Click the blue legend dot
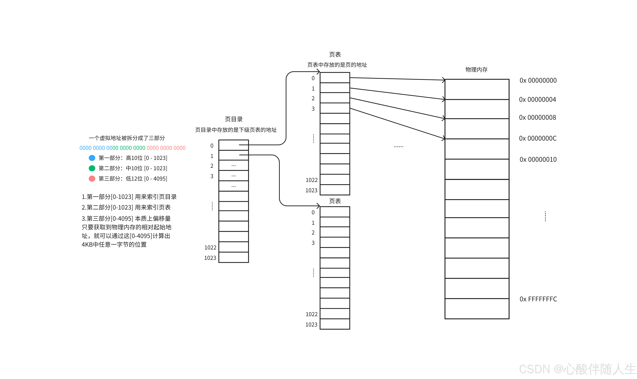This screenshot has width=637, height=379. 92,158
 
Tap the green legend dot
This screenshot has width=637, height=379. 92,168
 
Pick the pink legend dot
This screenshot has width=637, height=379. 92,178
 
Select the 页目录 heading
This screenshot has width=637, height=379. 234,119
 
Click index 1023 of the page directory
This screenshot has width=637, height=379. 210,258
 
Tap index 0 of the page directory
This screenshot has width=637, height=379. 212,146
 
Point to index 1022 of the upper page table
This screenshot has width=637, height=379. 311,180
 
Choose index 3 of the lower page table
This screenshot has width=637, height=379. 313,243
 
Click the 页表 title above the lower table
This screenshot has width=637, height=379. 335,201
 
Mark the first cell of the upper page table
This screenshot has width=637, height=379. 335,77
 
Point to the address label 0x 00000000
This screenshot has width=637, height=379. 538,80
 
